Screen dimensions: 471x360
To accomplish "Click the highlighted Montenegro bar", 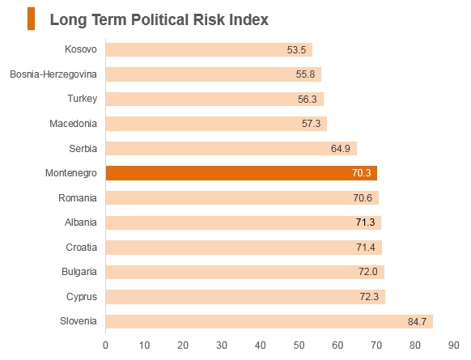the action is [241, 173].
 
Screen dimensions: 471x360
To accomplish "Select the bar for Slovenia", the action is [269, 321].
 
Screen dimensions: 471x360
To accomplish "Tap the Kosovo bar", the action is [209, 49].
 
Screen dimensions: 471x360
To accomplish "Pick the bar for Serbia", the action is [231, 148].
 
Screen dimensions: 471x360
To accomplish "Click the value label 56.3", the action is [308, 99].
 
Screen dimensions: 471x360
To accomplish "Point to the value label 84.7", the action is [418, 321].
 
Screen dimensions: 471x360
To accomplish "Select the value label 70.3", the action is [362, 173].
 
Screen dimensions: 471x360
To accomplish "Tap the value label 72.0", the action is [368, 272].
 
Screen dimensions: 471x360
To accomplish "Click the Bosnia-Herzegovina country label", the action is [53, 74].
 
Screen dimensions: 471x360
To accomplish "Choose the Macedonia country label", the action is [74, 124].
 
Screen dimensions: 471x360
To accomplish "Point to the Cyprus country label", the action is [82, 297].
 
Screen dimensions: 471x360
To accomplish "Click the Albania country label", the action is [81, 222].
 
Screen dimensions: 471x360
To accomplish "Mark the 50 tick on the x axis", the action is [299, 345].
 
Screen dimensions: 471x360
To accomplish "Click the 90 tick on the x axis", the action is [453, 345].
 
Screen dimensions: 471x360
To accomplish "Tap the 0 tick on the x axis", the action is [105, 345].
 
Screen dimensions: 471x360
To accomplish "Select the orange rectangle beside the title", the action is [32, 19].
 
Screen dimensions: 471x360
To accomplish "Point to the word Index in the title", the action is [248, 19].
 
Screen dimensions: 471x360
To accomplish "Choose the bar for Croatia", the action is [244, 248].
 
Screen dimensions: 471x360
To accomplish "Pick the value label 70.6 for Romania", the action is [363, 198].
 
